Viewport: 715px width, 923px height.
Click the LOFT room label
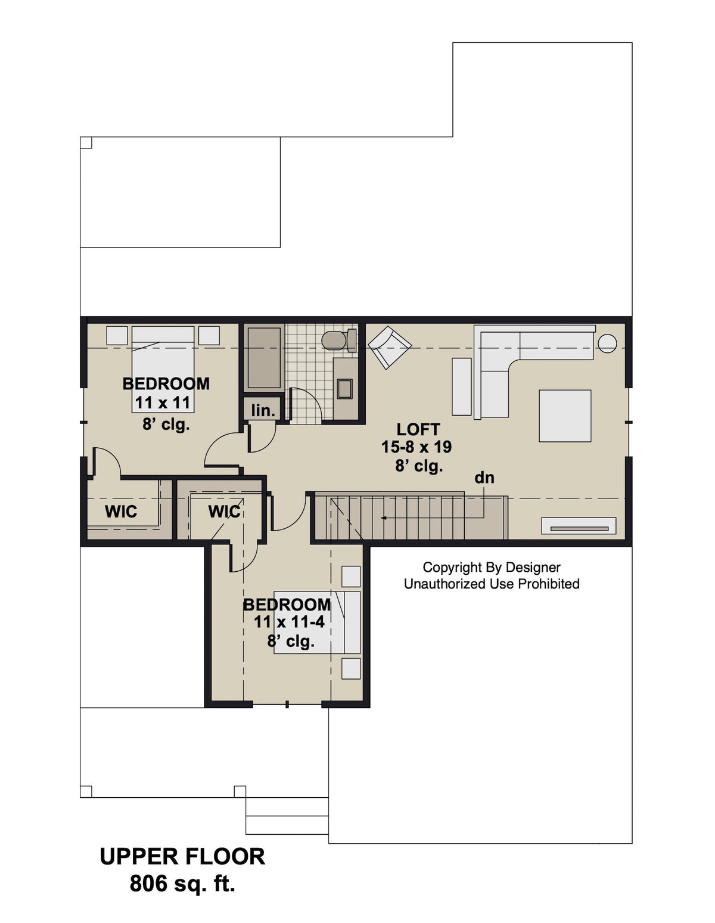418,429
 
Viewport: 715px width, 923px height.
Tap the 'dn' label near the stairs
484,478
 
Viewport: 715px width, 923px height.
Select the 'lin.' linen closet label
263,410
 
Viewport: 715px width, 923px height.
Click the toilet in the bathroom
335,340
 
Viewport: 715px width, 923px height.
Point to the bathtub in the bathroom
263,358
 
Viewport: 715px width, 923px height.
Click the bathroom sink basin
345,388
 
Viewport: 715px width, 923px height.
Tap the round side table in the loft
607,343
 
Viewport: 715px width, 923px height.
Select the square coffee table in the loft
565,416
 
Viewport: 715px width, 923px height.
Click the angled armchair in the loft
390,346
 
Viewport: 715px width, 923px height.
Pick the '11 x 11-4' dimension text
289,622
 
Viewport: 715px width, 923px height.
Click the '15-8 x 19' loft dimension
416,447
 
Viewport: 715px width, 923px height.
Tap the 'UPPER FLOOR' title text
182,856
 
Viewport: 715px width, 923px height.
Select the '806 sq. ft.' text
182,884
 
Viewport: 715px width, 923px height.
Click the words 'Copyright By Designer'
491,568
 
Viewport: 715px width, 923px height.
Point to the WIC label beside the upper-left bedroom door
121,512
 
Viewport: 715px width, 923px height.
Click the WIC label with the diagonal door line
224,512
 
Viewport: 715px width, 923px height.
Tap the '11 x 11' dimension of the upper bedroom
162,403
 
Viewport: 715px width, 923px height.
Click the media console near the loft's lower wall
578,526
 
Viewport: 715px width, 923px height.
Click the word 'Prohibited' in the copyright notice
548,584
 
